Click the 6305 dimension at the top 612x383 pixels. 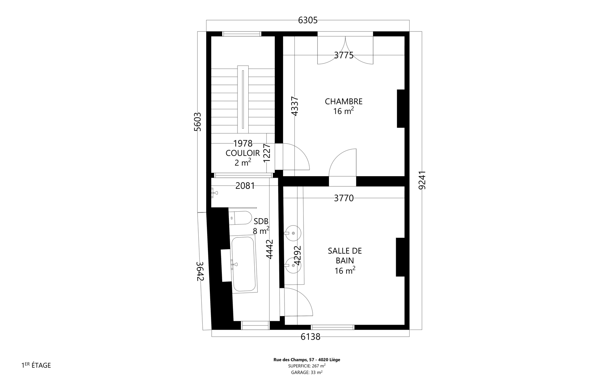coord(308,20)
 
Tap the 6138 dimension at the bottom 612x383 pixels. coord(310,337)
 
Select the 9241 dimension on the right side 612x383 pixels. coord(422,180)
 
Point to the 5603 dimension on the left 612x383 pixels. coord(197,122)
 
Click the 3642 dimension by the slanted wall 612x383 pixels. coord(200,271)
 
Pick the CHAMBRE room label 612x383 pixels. coord(344,102)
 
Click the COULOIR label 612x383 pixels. coord(243,153)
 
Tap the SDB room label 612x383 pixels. coord(261,221)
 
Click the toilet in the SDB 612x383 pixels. coord(240,218)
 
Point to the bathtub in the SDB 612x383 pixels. coord(244,264)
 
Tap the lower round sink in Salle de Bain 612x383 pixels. coord(293,265)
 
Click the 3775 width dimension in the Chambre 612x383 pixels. coord(344,55)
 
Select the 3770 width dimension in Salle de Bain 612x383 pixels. coord(344,198)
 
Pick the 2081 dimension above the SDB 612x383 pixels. coord(245,186)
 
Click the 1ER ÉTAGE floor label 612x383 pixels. coord(36,365)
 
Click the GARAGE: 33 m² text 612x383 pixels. coord(307,372)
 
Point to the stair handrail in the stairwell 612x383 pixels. coord(243,99)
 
